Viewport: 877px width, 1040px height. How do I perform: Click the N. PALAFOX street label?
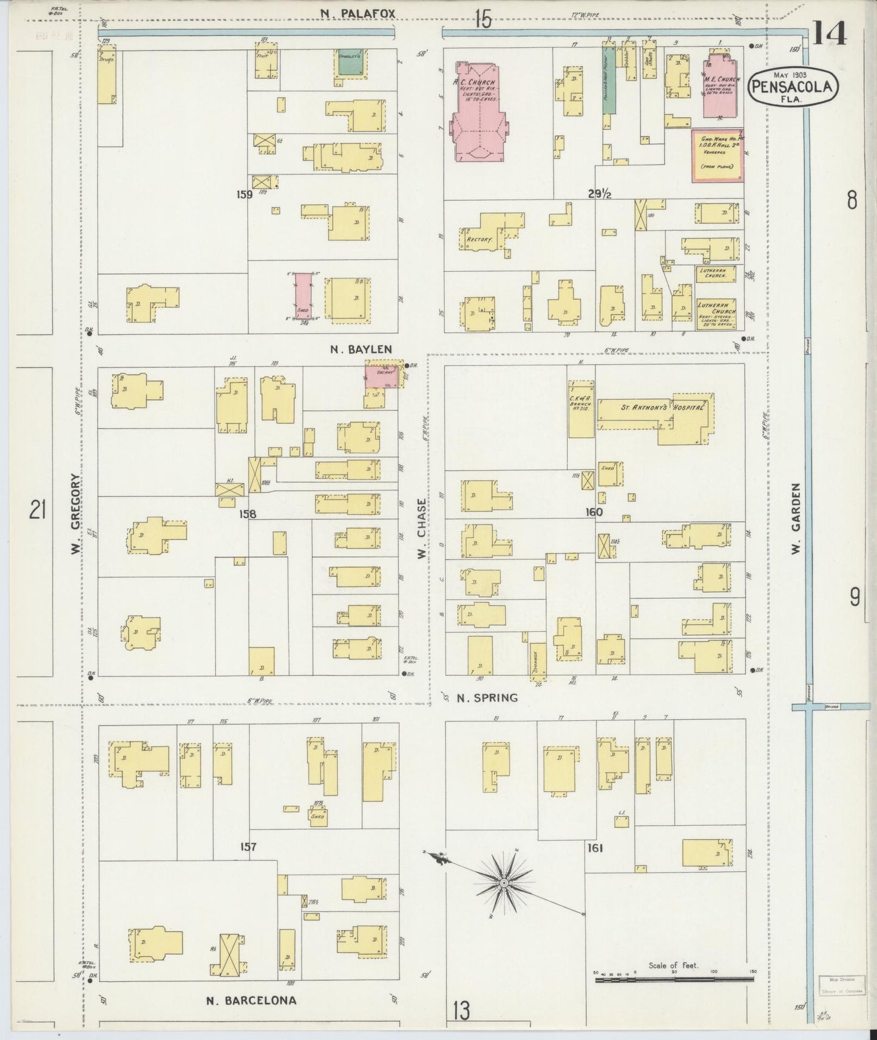(x=357, y=12)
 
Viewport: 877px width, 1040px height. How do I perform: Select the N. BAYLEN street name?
(x=361, y=349)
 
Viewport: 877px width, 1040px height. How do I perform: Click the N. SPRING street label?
(x=487, y=698)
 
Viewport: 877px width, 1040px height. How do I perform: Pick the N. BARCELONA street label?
(x=251, y=1001)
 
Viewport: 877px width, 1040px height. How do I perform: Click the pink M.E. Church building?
(x=720, y=88)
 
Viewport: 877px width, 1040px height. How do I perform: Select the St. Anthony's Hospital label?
(x=653, y=408)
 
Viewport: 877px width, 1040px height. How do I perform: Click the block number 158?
(x=247, y=514)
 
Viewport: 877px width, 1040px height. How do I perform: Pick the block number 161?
(x=595, y=848)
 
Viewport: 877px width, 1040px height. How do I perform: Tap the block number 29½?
(x=599, y=194)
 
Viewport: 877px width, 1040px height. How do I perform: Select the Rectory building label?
(x=478, y=240)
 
